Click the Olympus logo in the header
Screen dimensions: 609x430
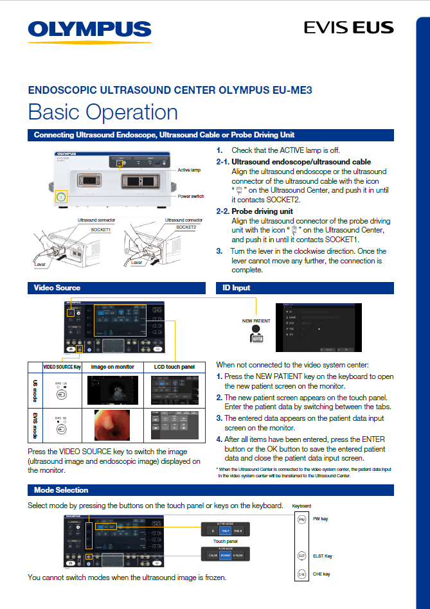coord(89,30)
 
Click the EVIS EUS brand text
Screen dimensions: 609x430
coord(348,28)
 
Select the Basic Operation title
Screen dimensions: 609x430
coord(103,112)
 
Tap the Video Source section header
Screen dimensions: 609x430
coord(57,288)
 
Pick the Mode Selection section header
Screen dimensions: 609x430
coord(61,490)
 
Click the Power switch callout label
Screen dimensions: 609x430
coord(192,196)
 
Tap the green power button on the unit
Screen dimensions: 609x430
coord(61,196)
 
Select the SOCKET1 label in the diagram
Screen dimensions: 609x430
coord(100,229)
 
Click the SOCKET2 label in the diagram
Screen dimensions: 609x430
coord(186,227)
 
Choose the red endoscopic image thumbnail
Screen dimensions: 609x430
coord(112,425)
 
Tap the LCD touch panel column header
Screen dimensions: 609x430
coord(175,366)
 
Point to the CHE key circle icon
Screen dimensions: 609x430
coord(302,574)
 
